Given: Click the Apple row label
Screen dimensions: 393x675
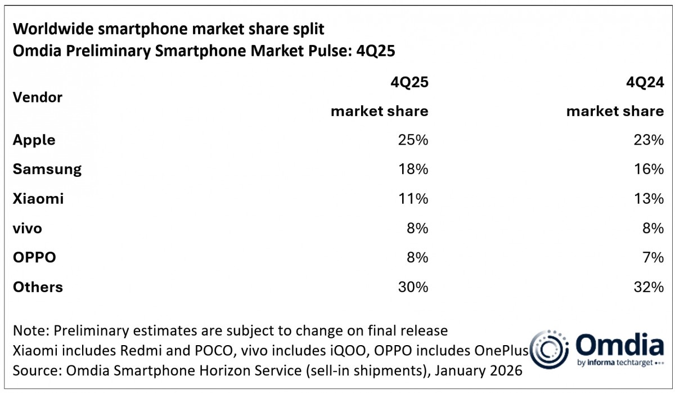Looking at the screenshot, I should coord(34,140).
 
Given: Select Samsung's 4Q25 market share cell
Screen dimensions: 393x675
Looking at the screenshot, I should coord(413,169).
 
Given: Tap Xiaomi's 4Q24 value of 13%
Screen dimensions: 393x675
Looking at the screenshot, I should coord(649,199).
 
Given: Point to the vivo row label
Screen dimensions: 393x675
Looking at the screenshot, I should coord(27,228).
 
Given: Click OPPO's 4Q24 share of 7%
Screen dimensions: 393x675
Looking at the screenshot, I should coord(652,257).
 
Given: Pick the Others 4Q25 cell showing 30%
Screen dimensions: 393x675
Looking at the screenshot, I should coord(413,287).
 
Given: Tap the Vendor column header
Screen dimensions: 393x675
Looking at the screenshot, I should coord(37,97).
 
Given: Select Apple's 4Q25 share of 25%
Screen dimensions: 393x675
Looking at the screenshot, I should coord(413,140).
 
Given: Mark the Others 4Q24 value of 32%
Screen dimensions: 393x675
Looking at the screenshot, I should coord(649,287).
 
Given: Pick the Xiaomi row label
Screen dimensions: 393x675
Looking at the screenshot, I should coord(38,199).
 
